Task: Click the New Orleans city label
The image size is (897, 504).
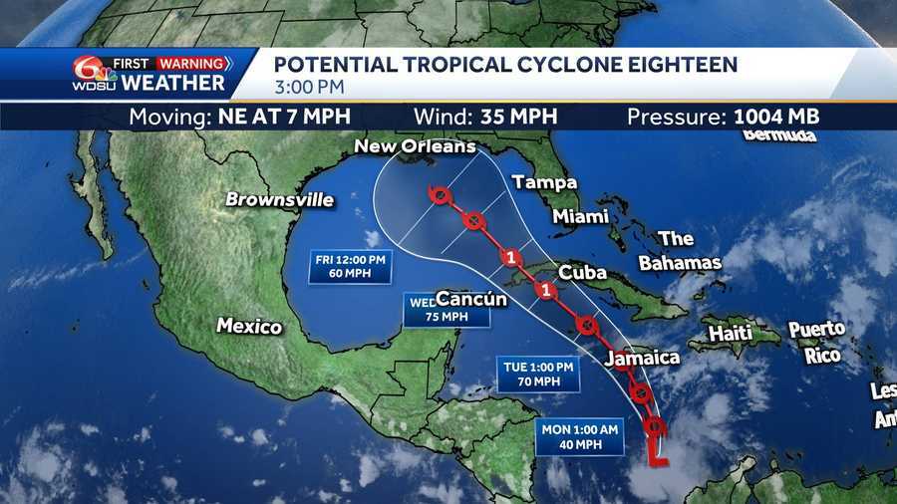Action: coord(416,147)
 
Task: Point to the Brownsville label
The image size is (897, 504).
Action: coord(279,199)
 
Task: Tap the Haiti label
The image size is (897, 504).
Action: coord(732,334)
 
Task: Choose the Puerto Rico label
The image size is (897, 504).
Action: coord(816,341)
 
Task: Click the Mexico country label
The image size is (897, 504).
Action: coord(249,326)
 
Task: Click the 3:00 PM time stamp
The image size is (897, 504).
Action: coord(305,87)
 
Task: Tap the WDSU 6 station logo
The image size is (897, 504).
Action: coord(87,73)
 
